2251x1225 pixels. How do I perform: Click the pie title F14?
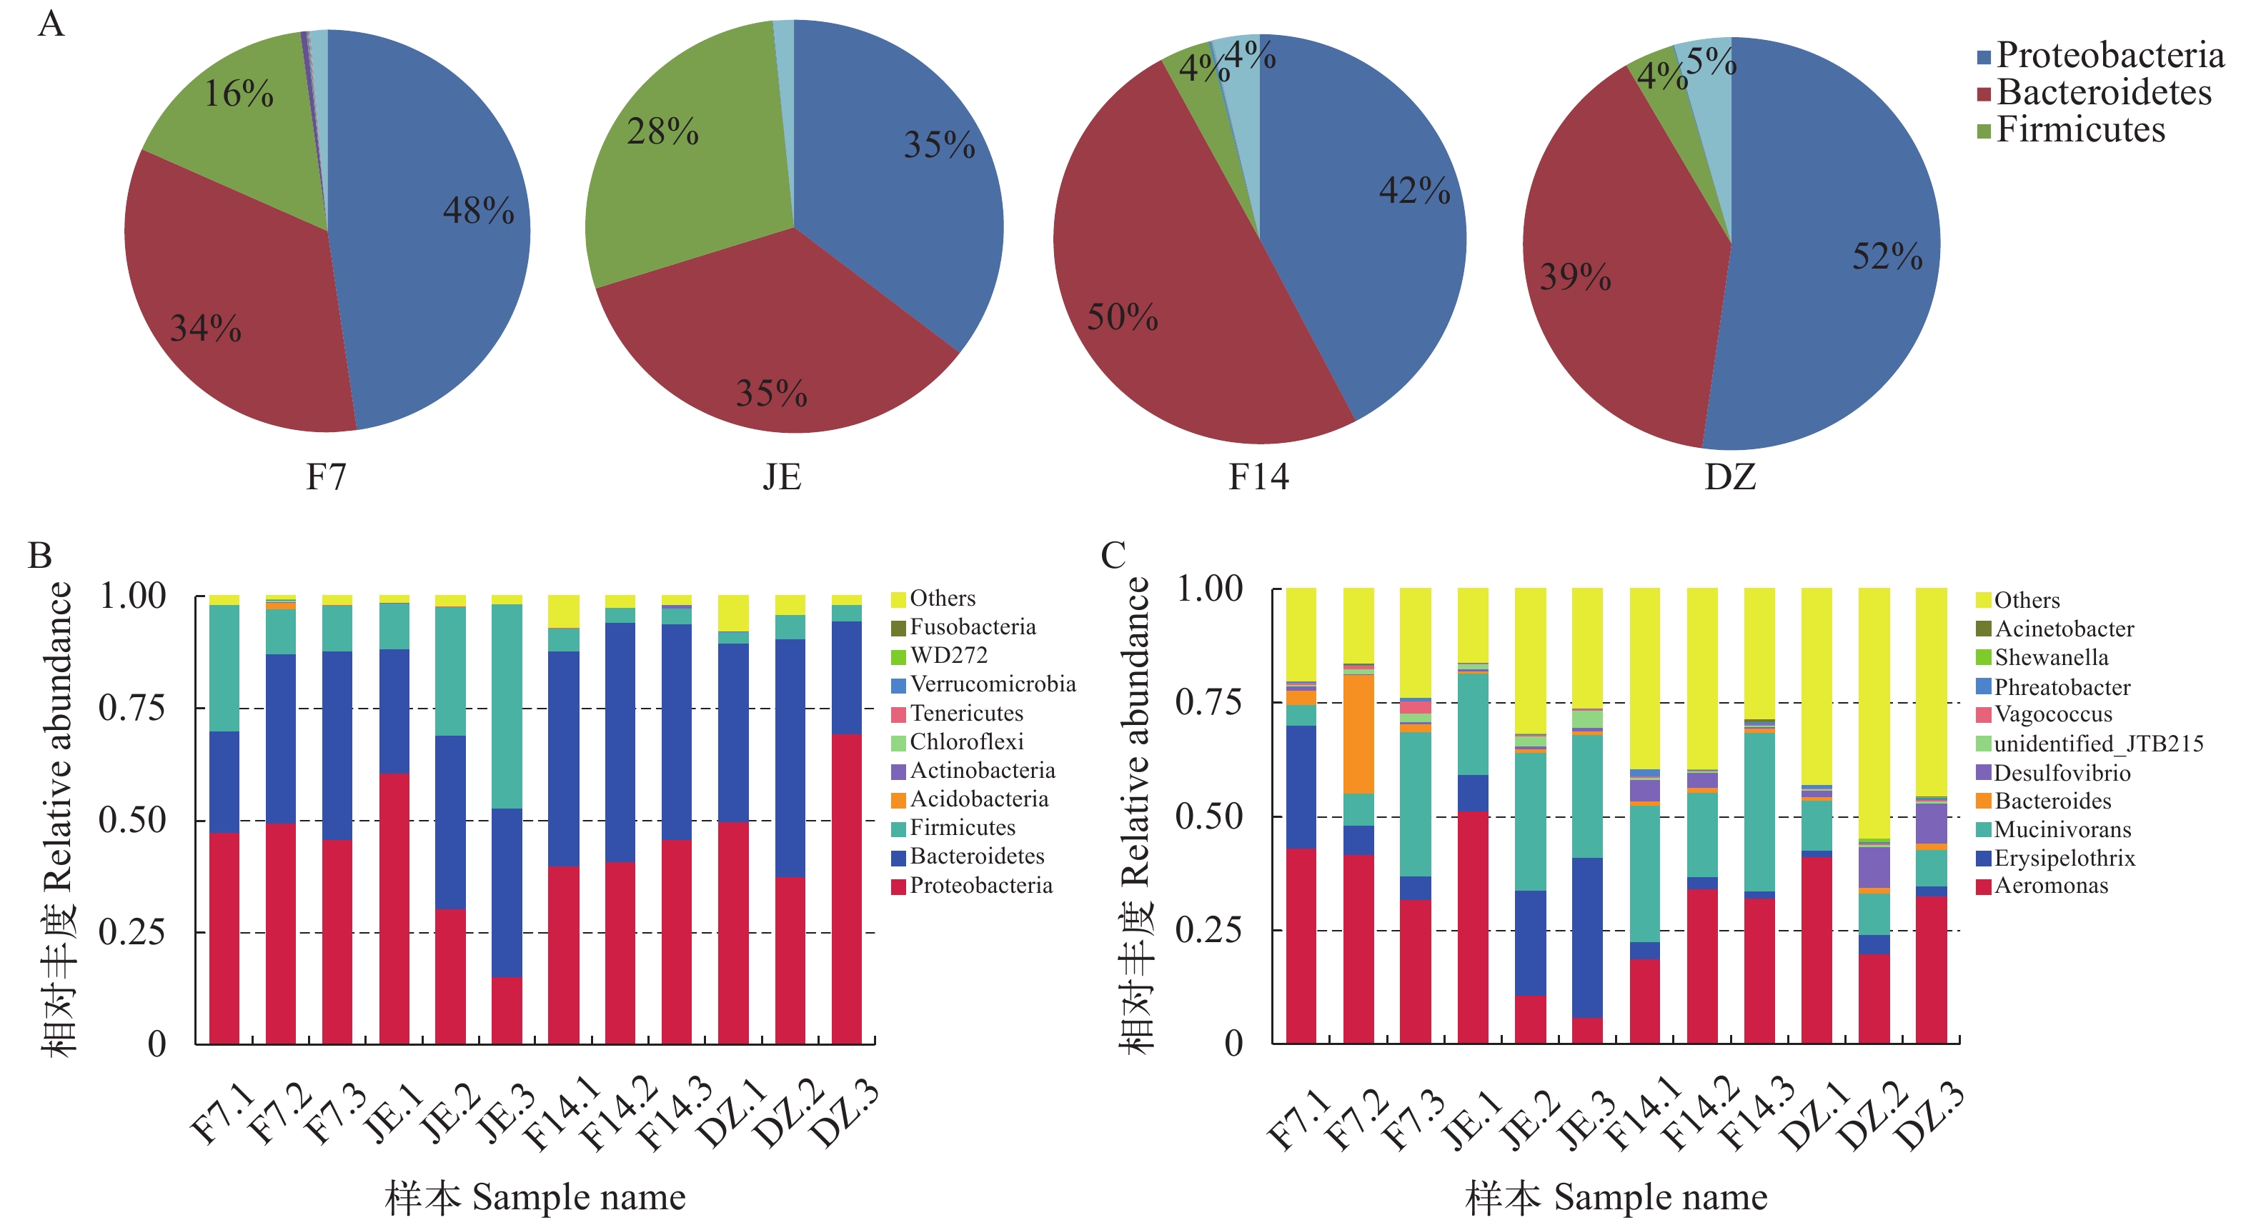pyautogui.click(x=1258, y=477)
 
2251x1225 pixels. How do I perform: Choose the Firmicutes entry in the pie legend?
pyautogui.click(x=2079, y=130)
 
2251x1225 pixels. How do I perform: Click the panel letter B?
pyautogui.click(x=40, y=556)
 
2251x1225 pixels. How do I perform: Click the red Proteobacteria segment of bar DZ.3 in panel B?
pyautogui.click(x=846, y=887)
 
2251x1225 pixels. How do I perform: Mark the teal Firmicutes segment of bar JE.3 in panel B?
pyautogui.click(x=507, y=706)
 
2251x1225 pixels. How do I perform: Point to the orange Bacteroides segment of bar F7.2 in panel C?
pyautogui.click(x=1358, y=734)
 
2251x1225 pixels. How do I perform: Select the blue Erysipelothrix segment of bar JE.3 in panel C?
pyautogui.click(x=1587, y=936)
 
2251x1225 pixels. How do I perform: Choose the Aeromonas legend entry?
pyautogui.click(x=2050, y=886)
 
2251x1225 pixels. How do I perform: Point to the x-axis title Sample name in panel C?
pyautogui.click(x=1660, y=1197)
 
